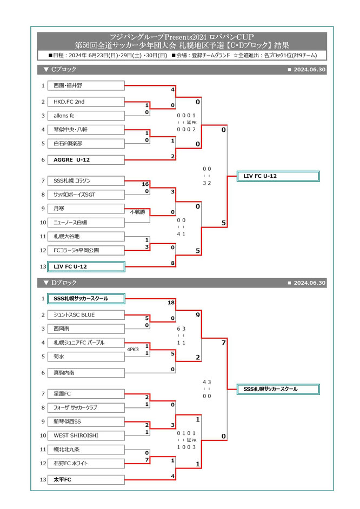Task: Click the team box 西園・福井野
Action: (x=86, y=85)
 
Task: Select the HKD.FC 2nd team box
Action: (x=86, y=102)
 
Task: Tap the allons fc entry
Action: (x=86, y=116)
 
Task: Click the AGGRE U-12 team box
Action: (x=86, y=159)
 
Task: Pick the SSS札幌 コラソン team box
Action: (x=86, y=180)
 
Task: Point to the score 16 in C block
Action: (x=145, y=184)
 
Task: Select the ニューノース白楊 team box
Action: (x=86, y=222)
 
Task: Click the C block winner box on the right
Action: (x=278, y=176)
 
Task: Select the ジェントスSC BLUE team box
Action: (x=86, y=314)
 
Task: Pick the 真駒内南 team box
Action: (x=86, y=373)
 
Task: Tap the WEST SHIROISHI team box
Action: (x=86, y=435)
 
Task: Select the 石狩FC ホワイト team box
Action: (x=86, y=463)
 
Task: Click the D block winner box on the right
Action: (x=278, y=389)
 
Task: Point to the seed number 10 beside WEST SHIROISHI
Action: (x=43, y=435)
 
